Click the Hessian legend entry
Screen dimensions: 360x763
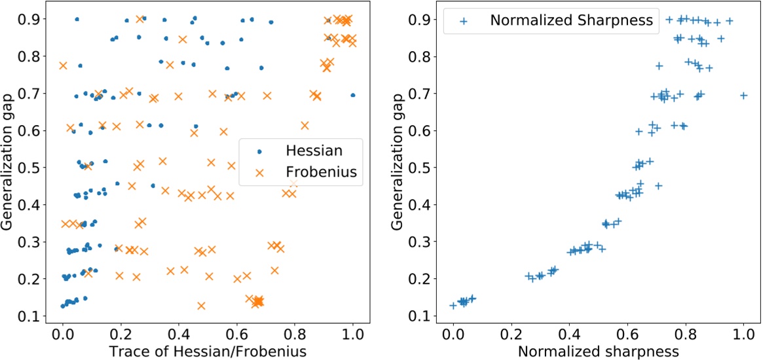[x=314, y=151]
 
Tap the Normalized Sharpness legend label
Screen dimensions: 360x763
[x=571, y=20]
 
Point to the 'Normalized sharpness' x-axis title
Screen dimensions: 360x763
[x=598, y=351]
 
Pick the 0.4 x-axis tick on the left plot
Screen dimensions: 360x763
[x=179, y=333]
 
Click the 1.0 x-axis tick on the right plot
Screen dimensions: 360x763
[x=743, y=333]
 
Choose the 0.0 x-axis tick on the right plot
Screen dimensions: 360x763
[x=453, y=333]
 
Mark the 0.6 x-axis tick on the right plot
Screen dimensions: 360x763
[x=627, y=333]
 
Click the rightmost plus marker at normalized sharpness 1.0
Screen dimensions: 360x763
[x=743, y=96]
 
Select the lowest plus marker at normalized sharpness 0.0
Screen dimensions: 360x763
[x=453, y=306]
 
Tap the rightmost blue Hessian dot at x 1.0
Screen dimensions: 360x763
[x=353, y=95]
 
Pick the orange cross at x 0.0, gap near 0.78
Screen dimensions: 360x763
[x=63, y=65]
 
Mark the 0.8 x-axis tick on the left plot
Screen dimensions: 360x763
[x=295, y=333]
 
